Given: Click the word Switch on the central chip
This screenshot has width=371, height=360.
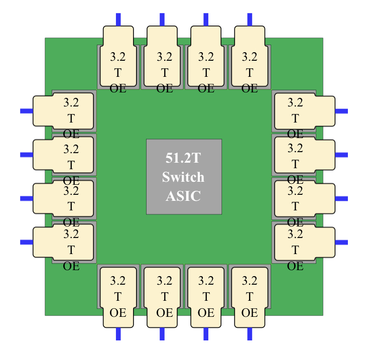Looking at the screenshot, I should (x=183, y=177).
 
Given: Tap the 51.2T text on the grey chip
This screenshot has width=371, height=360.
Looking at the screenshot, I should (x=183, y=159).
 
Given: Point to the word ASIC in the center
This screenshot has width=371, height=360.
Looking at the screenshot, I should (x=183, y=196).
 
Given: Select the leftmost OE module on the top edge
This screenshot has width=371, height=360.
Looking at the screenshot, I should (x=118, y=58).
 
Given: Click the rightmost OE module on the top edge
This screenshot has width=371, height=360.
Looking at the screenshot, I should (x=250, y=58).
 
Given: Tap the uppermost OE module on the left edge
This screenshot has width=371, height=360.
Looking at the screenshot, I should (x=64, y=111).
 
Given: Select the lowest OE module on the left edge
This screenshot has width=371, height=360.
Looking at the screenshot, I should (x=64, y=242).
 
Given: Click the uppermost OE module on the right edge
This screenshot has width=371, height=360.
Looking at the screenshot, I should (x=303, y=111).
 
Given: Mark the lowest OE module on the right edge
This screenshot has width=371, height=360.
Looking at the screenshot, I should (x=303, y=242).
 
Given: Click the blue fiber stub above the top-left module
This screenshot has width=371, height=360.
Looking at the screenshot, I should (x=118, y=19).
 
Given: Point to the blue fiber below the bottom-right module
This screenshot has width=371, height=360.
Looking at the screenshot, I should (x=250, y=334).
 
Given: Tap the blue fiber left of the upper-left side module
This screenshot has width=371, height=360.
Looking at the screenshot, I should (x=26, y=111).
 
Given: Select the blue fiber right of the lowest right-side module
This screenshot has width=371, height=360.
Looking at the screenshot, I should (x=341, y=242).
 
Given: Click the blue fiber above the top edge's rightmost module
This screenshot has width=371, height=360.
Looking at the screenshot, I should (x=250, y=19).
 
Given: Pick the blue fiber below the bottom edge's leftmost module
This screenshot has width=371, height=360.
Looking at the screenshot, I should (x=118, y=334).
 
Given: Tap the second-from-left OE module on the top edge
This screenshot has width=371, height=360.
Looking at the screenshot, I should (x=162, y=58).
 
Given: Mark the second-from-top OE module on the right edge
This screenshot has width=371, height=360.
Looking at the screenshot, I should (x=303, y=155).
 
